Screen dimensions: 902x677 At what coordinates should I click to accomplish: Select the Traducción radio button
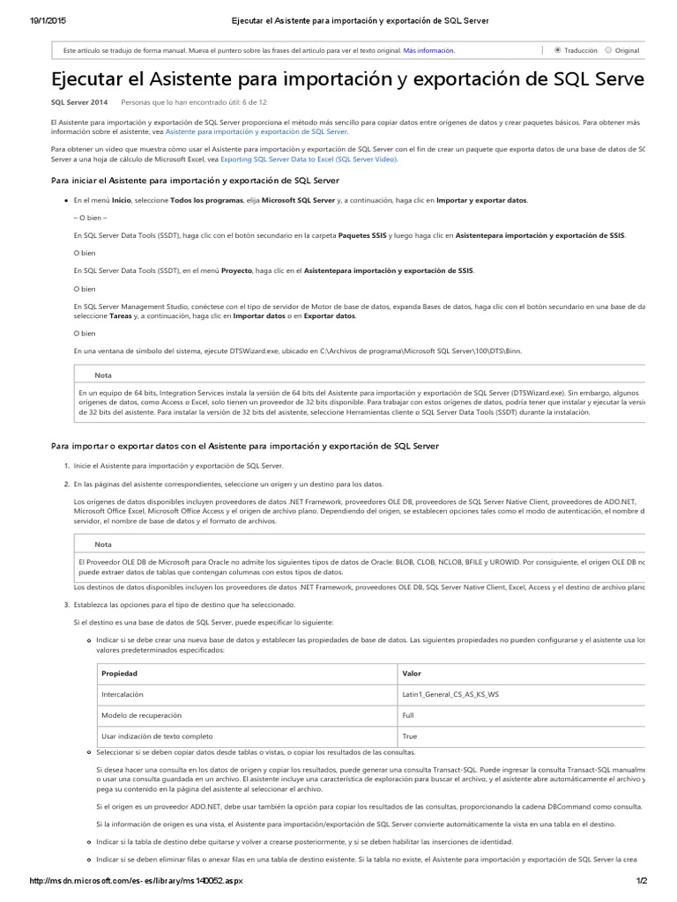[x=557, y=51]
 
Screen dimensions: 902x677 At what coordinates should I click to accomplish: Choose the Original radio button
[x=608, y=51]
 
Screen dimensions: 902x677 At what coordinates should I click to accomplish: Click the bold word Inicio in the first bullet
[x=122, y=201]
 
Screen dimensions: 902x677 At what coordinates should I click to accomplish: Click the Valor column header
[x=412, y=673]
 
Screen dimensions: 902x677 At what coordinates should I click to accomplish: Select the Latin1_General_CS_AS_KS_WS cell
[x=450, y=694]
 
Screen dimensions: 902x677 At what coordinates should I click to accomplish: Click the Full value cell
[x=408, y=715]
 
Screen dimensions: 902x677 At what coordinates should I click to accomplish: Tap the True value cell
[x=409, y=736]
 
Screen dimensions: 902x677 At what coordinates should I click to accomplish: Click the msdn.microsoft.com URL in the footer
[x=136, y=881]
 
